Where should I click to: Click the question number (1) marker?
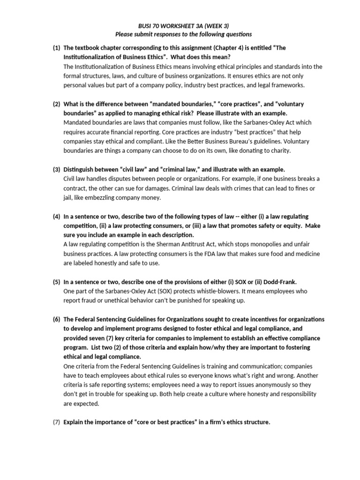pos(56,48)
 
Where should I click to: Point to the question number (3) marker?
pos(56,169)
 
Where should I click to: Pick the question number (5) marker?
pos(56,282)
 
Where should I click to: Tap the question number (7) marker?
pos(56,422)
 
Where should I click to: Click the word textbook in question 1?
pos(90,48)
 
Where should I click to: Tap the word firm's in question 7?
pos(213,422)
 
